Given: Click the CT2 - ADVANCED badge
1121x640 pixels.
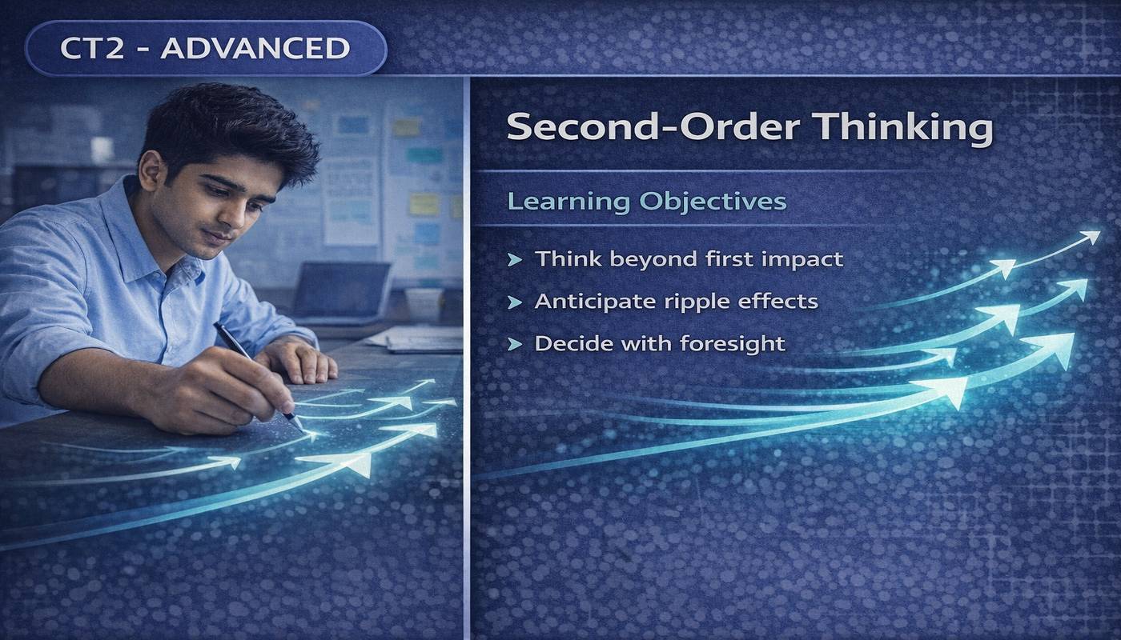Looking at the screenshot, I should (206, 48).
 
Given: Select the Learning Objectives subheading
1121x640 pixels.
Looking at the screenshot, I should (647, 201).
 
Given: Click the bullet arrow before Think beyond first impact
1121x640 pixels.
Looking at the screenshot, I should (515, 259).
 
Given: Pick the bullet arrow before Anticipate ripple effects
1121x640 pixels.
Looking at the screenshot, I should (515, 302).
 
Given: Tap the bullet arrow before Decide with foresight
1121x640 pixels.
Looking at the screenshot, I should (515, 344).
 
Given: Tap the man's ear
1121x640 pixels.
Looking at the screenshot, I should (150, 172).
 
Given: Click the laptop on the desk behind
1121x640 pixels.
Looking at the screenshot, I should (340, 290).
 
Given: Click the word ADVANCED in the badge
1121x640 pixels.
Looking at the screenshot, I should (255, 48).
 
